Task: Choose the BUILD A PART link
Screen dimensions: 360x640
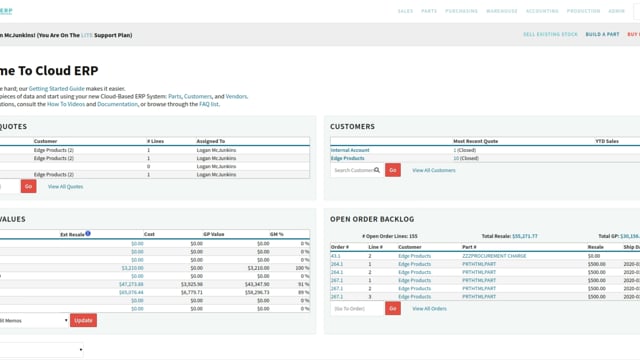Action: [x=602, y=34]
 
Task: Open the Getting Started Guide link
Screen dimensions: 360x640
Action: [x=86, y=88]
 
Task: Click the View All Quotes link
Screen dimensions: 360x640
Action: [x=65, y=186]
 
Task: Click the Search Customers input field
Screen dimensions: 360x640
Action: [x=356, y=170]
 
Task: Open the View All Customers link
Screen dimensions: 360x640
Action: [x=433, y=170]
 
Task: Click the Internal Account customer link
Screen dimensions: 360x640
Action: [x=350, y=150]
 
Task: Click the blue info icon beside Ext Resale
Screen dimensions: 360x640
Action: [x=88, y=234]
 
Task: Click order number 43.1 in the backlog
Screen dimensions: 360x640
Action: [x=336, y=256]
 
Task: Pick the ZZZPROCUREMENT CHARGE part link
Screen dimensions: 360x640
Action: [x=495, y=256]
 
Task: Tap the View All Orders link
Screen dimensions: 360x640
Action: [x=429, y=308]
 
